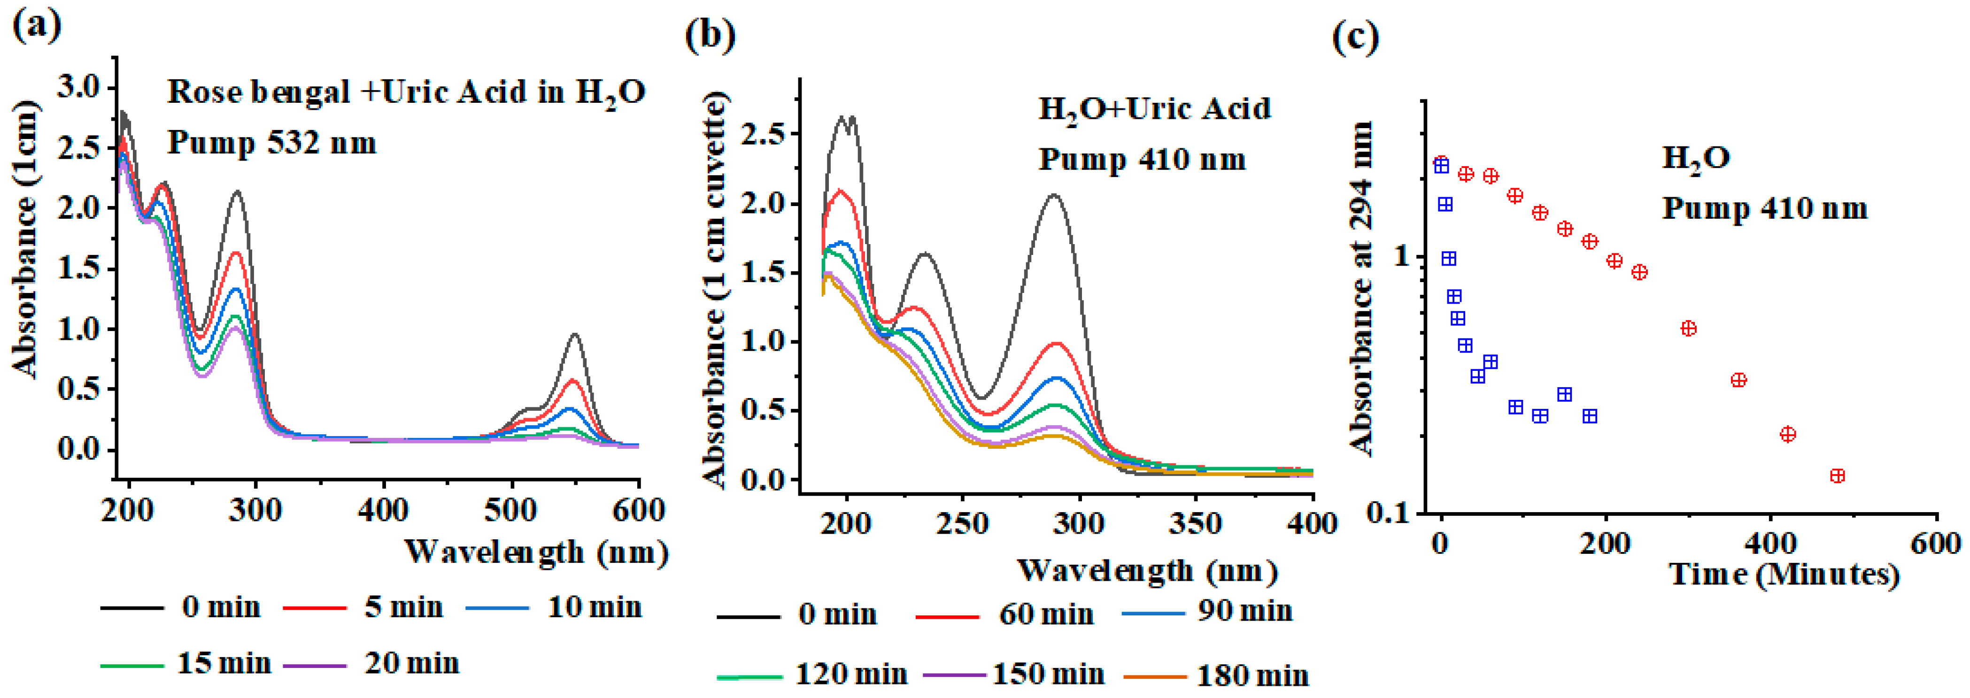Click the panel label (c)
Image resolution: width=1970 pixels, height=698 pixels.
(1355, 36)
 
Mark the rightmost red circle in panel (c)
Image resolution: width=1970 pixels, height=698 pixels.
(1837, 476)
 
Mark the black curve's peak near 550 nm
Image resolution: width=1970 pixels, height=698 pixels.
(574, 334)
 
